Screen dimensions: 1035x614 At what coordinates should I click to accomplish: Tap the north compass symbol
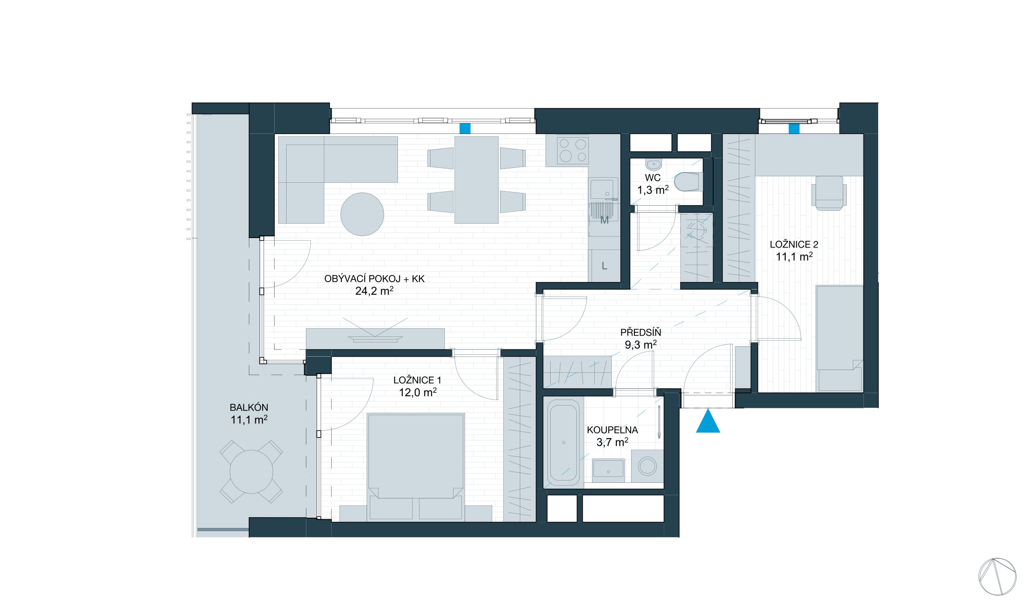point(997,576)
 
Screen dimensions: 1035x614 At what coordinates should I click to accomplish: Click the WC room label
point(652,178)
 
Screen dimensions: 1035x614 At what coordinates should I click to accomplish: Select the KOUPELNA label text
point(612,430)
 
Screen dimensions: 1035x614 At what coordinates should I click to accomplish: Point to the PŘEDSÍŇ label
point(640,332)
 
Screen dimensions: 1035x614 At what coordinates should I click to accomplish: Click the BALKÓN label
point(249,407)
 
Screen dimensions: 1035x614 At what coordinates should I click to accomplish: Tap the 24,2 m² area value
point(374,291)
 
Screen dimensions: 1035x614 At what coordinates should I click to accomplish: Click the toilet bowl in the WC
point(688,182)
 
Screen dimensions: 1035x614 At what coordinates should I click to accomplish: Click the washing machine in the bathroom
point(647,466)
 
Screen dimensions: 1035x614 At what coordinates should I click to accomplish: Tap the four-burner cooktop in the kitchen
point(573,150)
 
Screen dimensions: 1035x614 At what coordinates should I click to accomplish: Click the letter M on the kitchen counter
point(604,220)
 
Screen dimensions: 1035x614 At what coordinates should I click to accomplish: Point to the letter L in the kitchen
point(604,266)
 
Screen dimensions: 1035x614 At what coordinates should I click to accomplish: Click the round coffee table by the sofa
point(362,214)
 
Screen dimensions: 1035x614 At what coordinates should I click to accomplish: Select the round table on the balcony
point(251,472)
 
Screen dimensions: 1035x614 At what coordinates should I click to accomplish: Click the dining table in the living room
point(477,180)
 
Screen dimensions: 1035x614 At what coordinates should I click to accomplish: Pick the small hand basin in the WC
point(653,164)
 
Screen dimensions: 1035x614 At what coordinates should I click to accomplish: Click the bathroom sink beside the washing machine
point(608,470)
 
